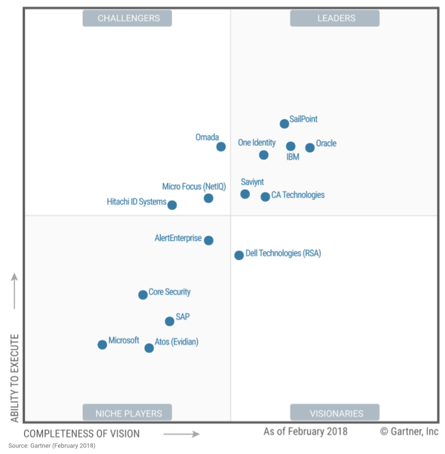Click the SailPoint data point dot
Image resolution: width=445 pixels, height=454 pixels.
click(284, 124)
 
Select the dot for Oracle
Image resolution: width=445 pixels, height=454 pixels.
click(310, 148)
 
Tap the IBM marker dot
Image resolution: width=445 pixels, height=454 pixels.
click(291, 147)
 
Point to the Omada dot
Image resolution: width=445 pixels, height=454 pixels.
click(221, 147)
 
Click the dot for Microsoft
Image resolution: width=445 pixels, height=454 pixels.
click(102, 345)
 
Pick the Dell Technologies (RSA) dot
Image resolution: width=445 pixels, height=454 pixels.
click(239, 255)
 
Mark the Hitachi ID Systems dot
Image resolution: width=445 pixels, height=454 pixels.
click(172, 205)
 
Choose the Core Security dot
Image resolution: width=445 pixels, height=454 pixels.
click(143, 295)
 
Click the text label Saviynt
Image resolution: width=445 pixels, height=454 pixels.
click(252, 182)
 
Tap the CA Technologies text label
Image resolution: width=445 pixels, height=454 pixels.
click(298, 195)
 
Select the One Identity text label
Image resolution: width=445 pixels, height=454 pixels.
click(257, 142)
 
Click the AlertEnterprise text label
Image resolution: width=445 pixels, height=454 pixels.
click(178, 238)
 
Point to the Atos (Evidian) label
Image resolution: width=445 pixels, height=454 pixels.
click(176, 342)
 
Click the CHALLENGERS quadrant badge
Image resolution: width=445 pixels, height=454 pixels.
click(127, 18)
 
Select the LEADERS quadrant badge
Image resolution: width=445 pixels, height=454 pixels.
click(335, 18)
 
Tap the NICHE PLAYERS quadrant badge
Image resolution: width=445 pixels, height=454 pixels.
click(127, 413)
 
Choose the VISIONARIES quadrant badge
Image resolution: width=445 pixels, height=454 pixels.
click(335, 413)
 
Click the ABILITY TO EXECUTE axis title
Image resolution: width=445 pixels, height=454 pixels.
click(15, 378)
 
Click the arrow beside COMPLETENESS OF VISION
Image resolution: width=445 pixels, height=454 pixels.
click(181, 434)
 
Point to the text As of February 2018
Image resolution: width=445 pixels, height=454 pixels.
click(305, 431)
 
